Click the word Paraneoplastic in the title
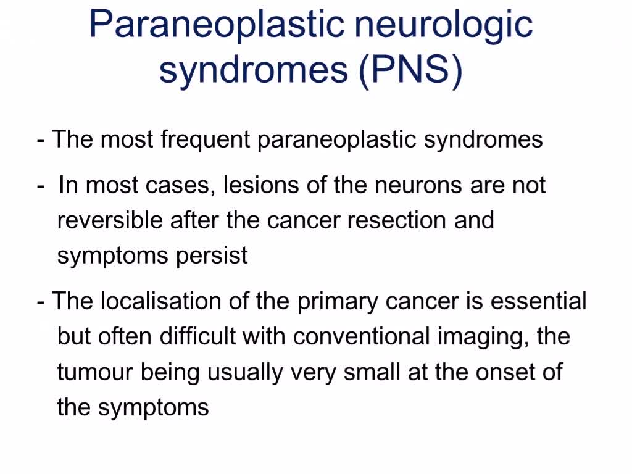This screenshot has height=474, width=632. [x=217, y=25]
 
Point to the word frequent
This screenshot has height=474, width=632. [x=206, y=140]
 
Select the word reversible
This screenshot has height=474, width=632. [x=110, y=220]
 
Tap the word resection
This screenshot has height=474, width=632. [x=396, y=220]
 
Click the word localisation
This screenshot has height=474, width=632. [x=161, y=301]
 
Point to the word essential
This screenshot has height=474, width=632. [x=538, y=301]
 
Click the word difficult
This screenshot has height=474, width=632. [x=197, y=336]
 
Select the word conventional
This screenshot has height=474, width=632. [x=361, y=336]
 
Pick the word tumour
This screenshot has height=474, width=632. [x=94, y=372]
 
